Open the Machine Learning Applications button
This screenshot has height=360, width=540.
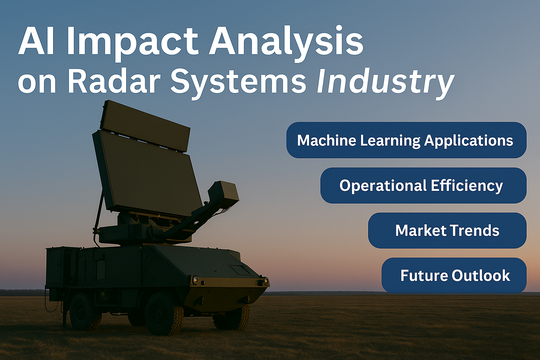click(x=406, y=140)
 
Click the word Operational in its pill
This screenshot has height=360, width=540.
click(x=383, y=186)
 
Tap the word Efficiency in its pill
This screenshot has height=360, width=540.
click(x=467, y=186)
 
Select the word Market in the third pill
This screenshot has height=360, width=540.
click(x=421, y=230)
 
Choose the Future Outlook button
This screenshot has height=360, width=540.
click(x=454, y=275)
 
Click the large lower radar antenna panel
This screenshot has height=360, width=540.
click(x=147, y=172)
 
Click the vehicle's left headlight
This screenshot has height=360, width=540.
click(x=195, y=280)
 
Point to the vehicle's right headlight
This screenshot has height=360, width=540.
click(x=266, y=281)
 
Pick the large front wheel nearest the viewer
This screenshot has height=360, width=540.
click(x=164, y=314)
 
